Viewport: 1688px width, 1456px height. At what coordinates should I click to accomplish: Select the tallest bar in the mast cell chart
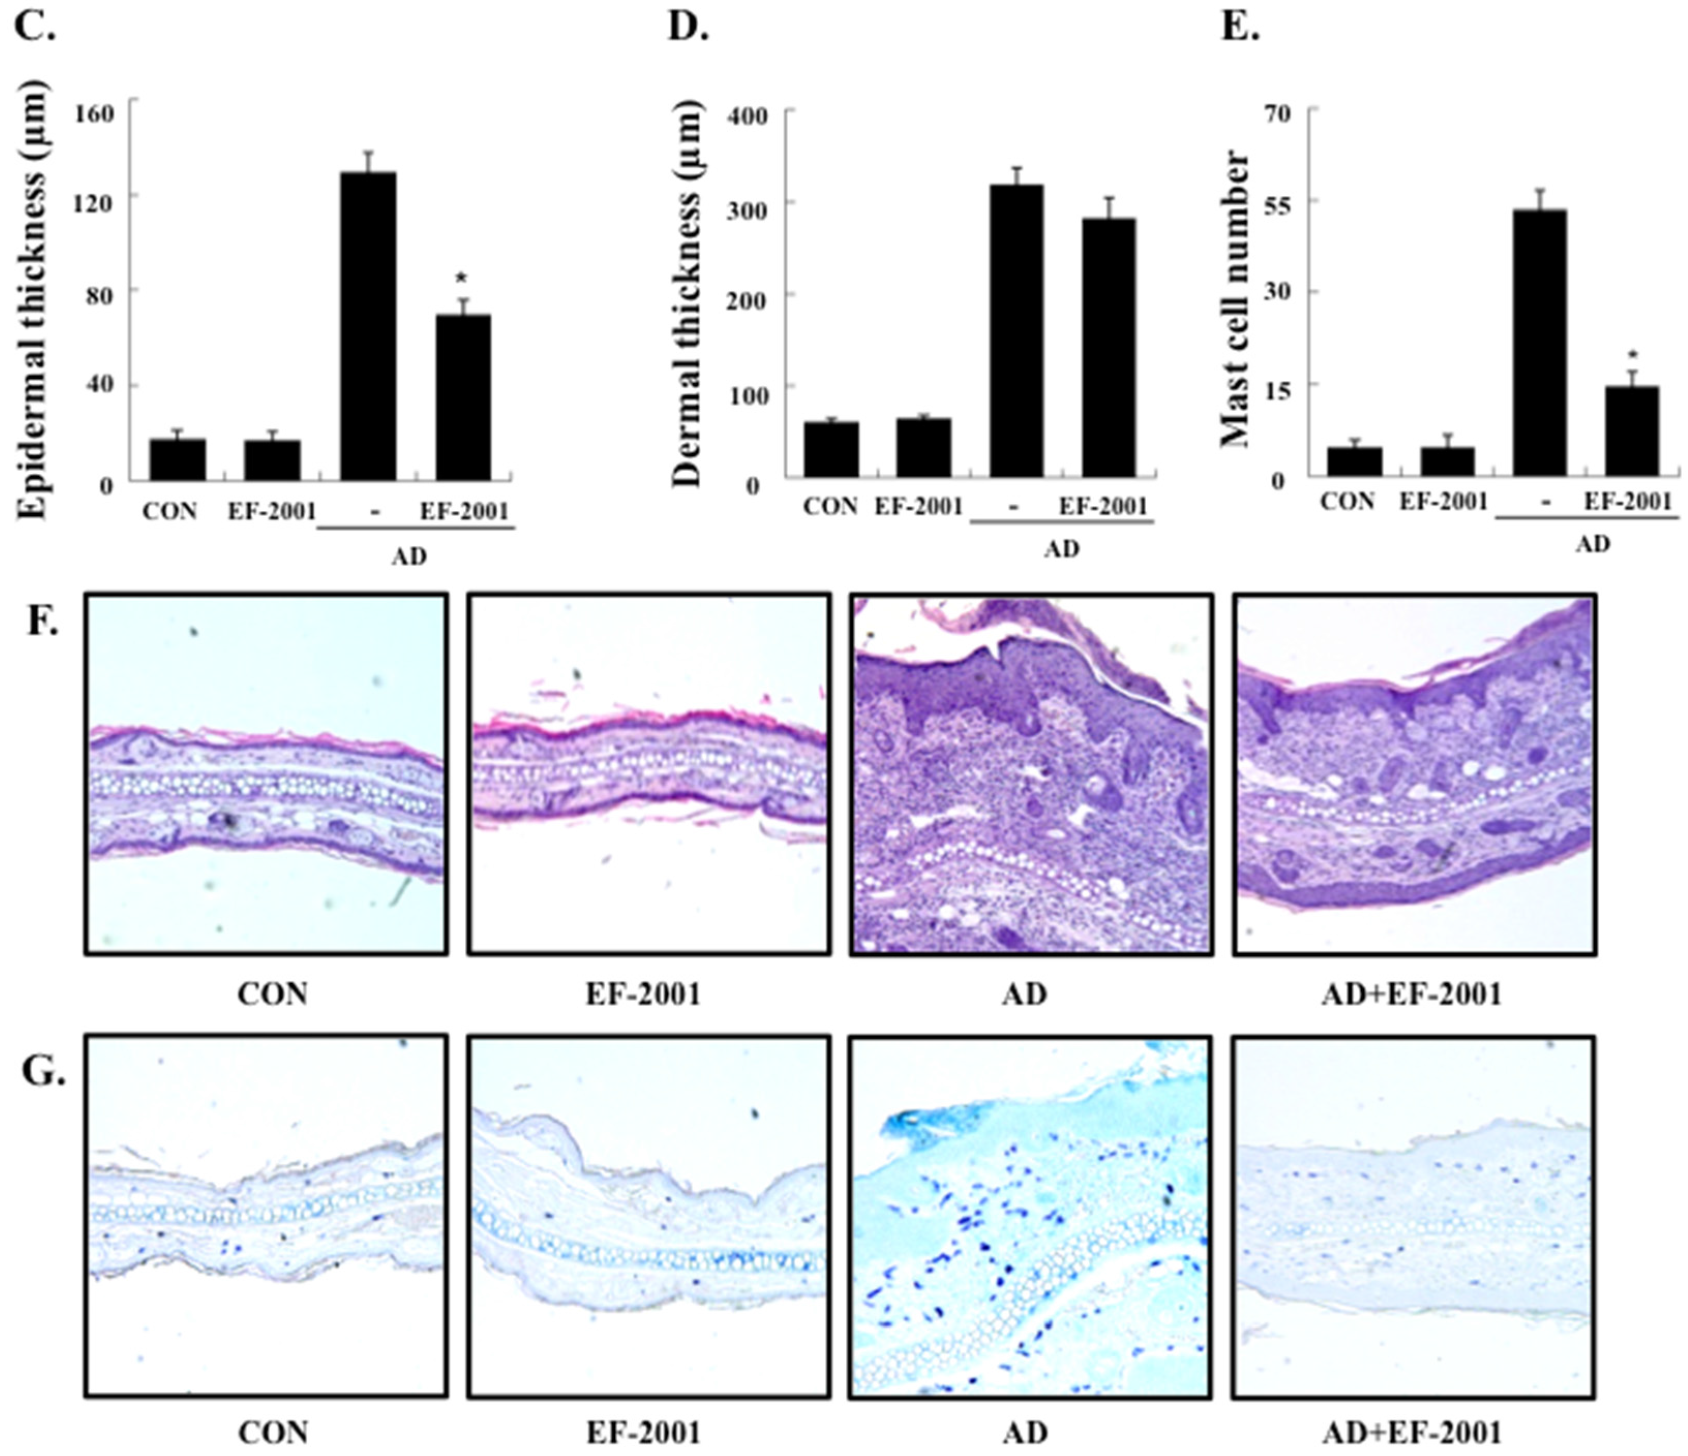pos(1539,342)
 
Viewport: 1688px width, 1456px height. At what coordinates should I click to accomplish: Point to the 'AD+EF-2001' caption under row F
pos(1411,994)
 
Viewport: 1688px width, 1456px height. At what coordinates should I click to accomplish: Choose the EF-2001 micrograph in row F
pos(649,773)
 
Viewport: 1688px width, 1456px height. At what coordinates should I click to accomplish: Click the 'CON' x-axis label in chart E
pos(1347,501)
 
